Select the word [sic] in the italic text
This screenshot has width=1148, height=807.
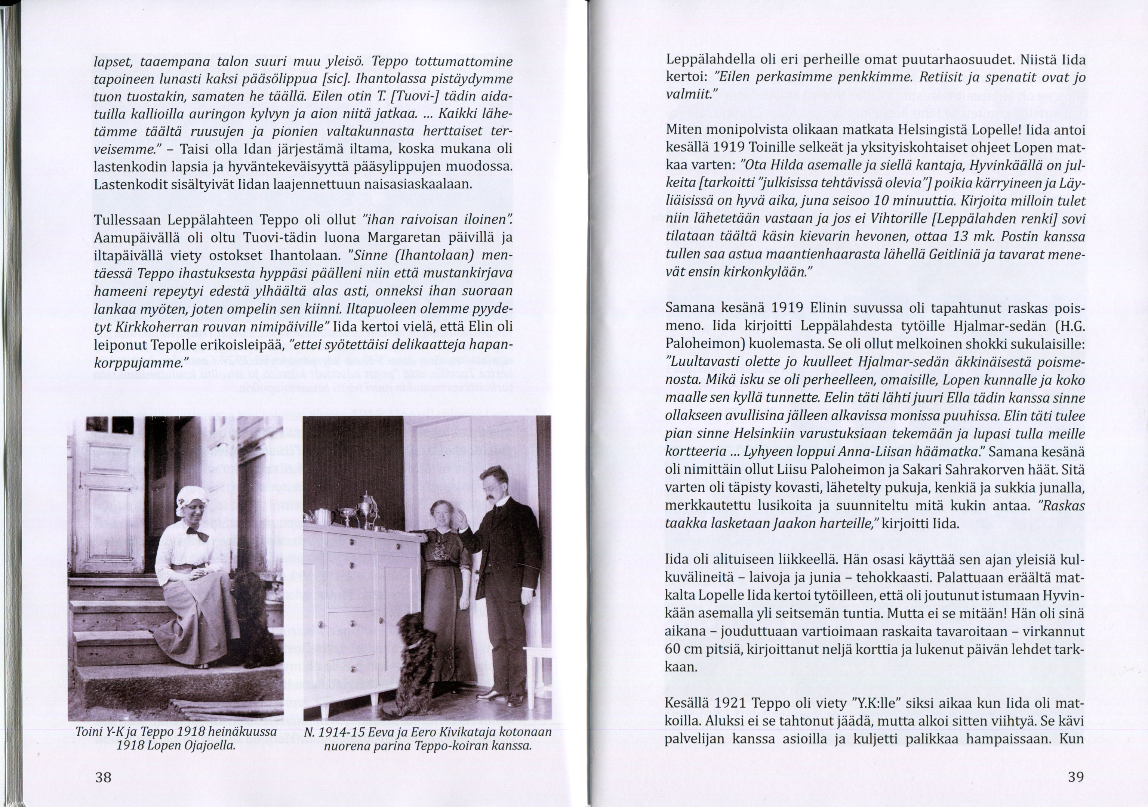pyautogui.click(x=333, y=80)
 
